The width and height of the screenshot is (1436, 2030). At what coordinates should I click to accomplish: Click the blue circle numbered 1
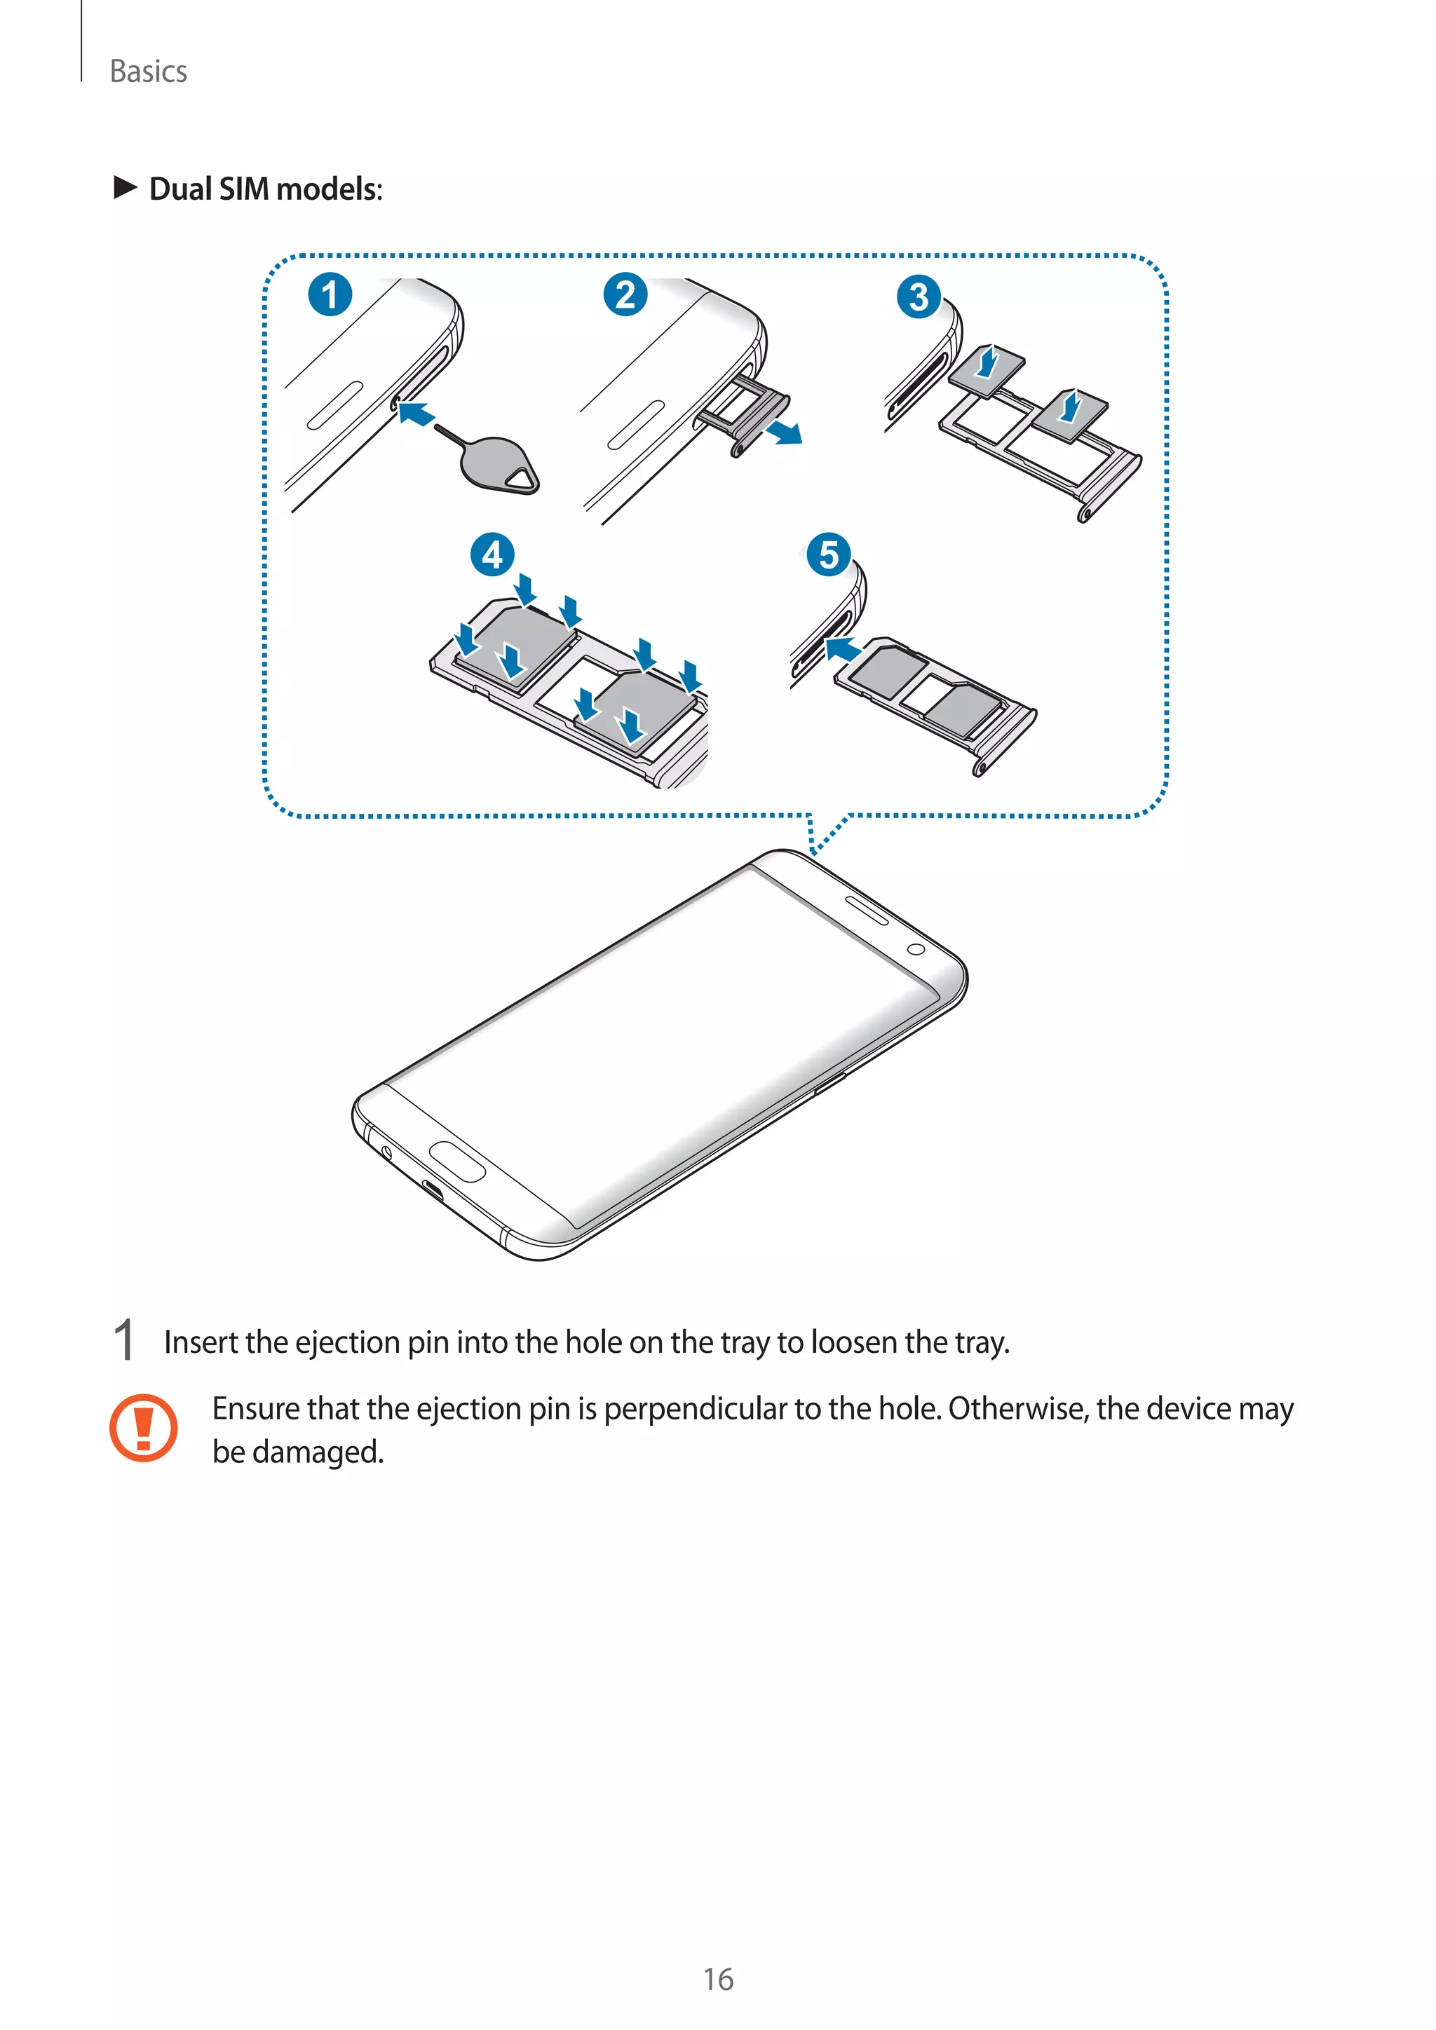(x=330, y=294)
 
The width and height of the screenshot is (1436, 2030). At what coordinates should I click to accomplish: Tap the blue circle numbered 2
(x=625, y=294)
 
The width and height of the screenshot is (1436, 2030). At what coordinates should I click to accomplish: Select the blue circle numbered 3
(x=919, y=297)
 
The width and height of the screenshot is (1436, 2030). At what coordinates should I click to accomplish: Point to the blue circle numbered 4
(x=492, y=554)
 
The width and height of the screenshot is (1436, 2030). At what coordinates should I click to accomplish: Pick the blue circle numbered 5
(x=829, y=554)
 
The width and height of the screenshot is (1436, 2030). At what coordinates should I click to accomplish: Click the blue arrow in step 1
(x=416, y=413)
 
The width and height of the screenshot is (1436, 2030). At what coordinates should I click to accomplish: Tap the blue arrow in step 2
(x=785, y=432)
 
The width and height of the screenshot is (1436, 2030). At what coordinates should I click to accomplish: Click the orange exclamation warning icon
(x=143, y=1427)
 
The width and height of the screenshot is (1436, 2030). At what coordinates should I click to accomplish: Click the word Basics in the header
(x=149, y=71)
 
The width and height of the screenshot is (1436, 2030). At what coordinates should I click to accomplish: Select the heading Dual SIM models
(x=265, y=189)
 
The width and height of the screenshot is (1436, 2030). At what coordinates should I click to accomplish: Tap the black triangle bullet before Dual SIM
(x=126, y=187)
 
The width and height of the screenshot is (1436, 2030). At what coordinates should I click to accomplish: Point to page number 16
(x=718, y=1979)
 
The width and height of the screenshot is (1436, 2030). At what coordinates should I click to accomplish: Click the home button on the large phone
(x=457, y=1161)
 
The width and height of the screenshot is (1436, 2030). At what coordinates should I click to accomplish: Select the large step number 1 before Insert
(x=125, y=1340)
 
